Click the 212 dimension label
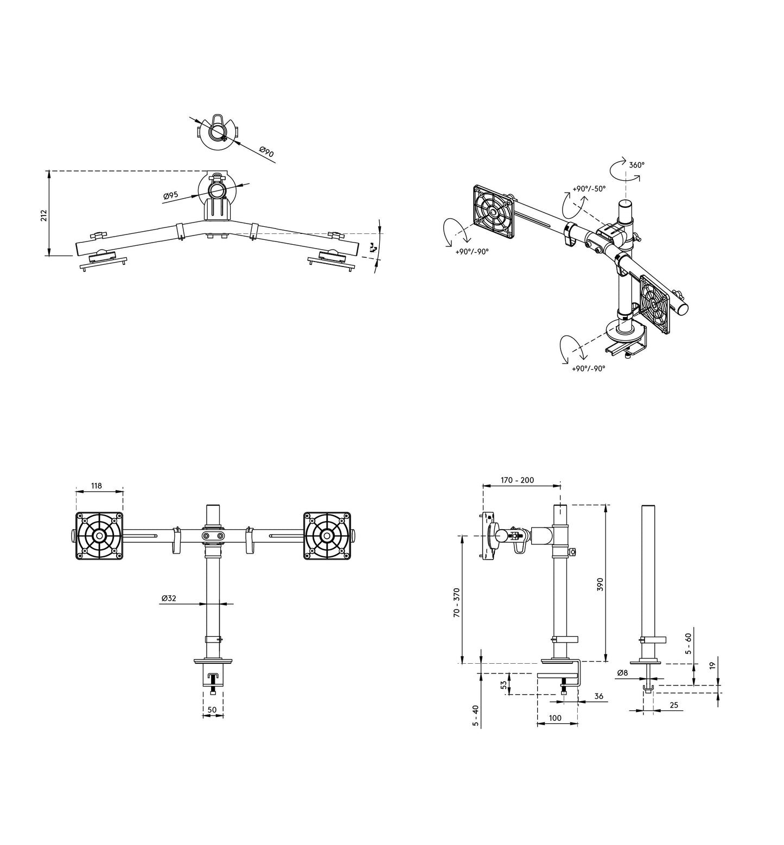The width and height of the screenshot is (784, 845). point(44,215)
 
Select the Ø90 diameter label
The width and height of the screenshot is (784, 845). point(266,152)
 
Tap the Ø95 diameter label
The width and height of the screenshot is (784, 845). point(170,195)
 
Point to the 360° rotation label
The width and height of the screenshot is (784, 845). point(637,165)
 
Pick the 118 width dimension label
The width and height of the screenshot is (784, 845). point(97,486)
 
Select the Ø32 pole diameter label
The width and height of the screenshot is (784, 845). point(169,598)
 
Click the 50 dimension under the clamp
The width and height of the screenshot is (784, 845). point(212,709)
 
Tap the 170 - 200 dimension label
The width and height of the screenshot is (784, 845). point(517,480)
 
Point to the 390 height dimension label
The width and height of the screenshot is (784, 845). point(600,584)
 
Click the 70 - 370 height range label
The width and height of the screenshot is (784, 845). point(456,601)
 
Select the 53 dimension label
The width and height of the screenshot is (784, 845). point(504,685)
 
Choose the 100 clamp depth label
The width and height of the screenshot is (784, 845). point(555,718)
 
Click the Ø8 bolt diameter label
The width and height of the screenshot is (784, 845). point(622,673)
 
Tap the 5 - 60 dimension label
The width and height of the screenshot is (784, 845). point(689,644)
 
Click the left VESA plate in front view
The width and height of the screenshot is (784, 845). point(99,536)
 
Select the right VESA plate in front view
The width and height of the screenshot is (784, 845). point(326,536)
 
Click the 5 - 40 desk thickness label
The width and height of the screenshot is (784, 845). point(475,716)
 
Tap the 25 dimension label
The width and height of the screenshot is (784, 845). point(674,705)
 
